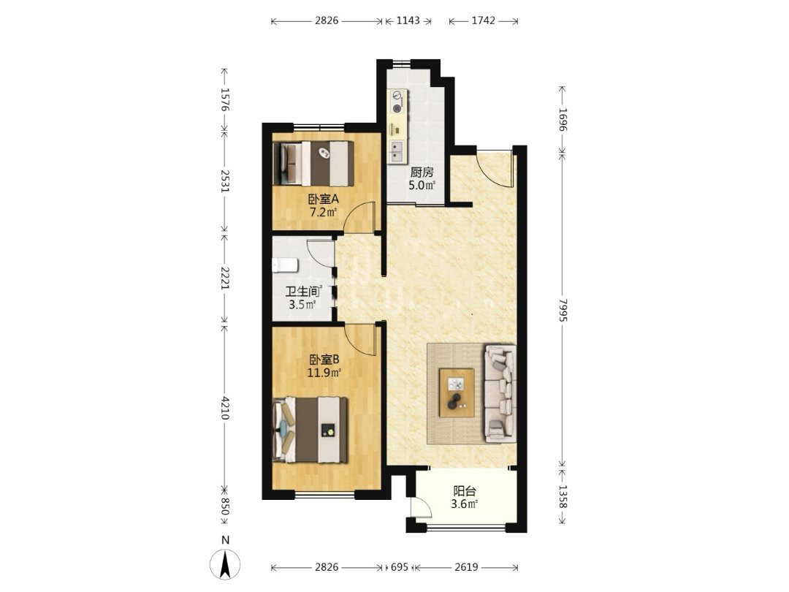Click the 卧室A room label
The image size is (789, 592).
pyautogui.click(x=323, y=199)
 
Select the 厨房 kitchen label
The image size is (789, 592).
pyautogui.click(x=422, y=172)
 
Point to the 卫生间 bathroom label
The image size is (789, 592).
pyautogui.click(x=302, y=292)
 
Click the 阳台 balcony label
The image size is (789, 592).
pyautogui.click(x=465, y=491)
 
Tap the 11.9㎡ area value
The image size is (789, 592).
pyautogui.click(x=324, y=373)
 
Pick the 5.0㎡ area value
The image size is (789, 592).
pyautogui.click(x=422, y=185)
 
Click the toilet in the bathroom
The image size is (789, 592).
pyautogui.click(x=284, y=265)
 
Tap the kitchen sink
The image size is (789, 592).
pyautogui.click(x=397, y=150)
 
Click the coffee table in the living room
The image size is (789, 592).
pyautogui.click(x=457, y=392)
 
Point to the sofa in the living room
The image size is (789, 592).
pyautogui.click(x=500, y=393)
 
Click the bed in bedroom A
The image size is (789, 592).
pyautogui.click(x=313, y=164)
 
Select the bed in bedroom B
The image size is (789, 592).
pyautogui.click(x=310, y=430)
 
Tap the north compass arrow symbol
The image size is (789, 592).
pyautogui.click(x=226, y=563)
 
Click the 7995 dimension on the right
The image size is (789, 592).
pyautogui.click(x=562, y=310)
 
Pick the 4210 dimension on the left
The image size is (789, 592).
pyautogui.click(x=225, y=408)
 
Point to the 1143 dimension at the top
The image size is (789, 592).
pyautogui.click(x=408, y=20)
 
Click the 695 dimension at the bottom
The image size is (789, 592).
pyautogui.click(x=399, y=567)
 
